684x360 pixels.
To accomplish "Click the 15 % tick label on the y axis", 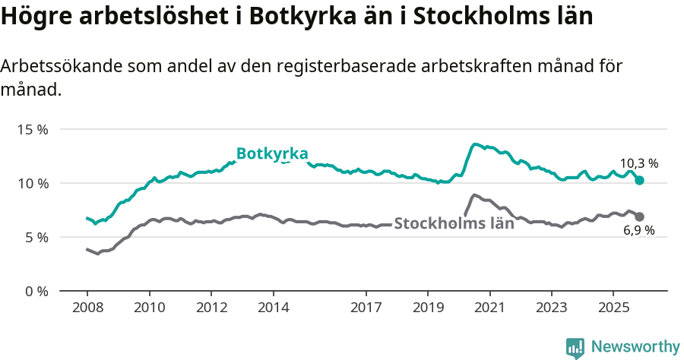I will [x=32, y=129].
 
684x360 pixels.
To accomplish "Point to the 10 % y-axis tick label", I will [x=32, y=183].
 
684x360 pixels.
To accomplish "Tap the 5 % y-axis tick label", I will [x=35, y=237].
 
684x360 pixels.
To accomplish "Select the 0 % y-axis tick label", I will [x=35, y=291].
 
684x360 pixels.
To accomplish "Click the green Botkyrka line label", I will [x=272, y=154].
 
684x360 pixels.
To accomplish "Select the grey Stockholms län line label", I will [x=454, y=223].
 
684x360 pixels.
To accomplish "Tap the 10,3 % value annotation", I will [x=639, y=163].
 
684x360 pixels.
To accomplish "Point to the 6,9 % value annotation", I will [x=639, y=231].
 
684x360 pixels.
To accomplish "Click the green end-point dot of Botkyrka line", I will [x=640, y=181].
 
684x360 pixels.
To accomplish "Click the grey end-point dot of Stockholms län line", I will [x=640, y=216].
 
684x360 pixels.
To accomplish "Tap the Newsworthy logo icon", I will [x=575, y=348].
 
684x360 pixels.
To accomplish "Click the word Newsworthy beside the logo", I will [x=635, y=347].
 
